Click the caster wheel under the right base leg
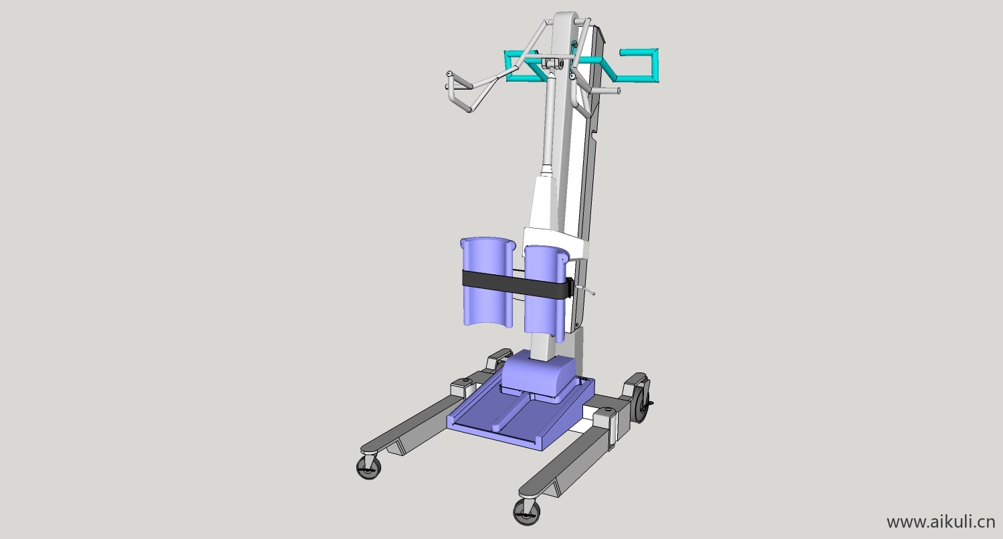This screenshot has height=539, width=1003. pyautogui.click(x=527, y=511)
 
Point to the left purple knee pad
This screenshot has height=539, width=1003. pyautogui.click(x=485, y=281)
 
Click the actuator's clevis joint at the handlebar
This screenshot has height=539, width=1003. pyautogui.click(x=551, y=64)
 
